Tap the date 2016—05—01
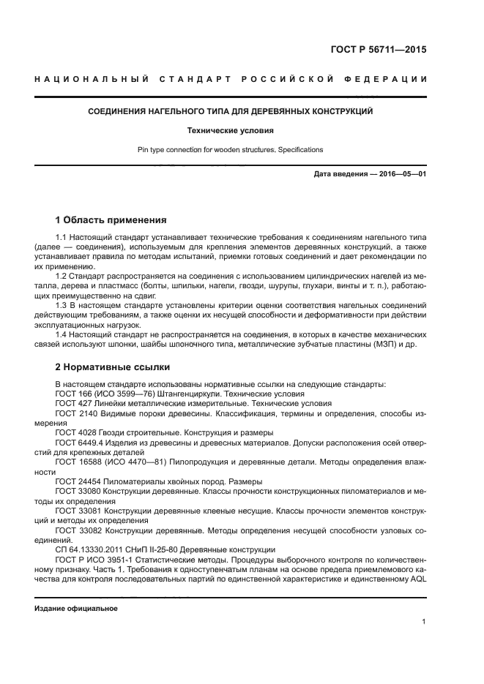(x=402, y=175)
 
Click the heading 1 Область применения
(x=112, y=219)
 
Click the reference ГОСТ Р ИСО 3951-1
(x=93, y=559)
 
